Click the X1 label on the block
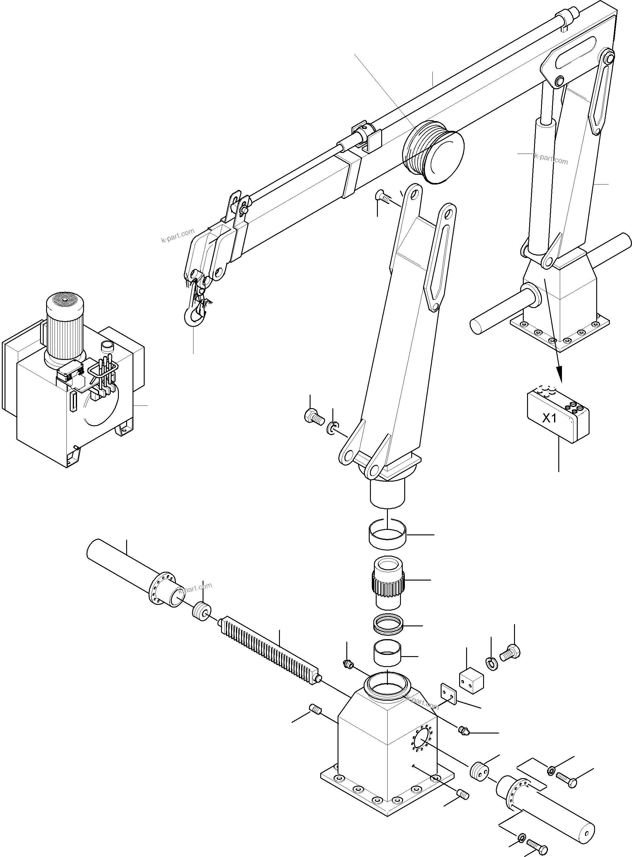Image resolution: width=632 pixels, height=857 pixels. pyautogui.click(x=550, y=418)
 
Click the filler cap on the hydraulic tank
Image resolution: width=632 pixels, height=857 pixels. pyautogui.click(x=107, y=346)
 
